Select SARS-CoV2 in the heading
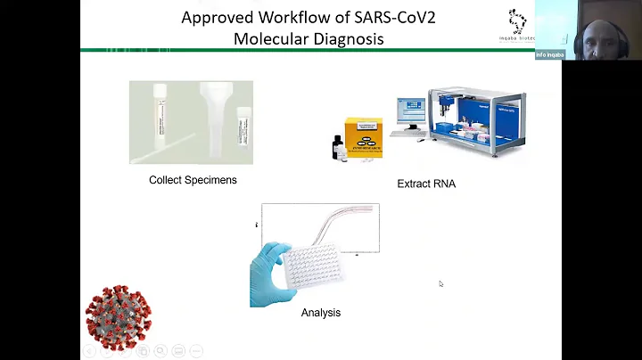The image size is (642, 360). coord(378,17)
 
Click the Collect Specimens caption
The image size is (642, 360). coord(193,180)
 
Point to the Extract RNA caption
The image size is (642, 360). coord(426,184)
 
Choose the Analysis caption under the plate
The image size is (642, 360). coord(320,313)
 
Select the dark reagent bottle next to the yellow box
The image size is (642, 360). coord(338,147)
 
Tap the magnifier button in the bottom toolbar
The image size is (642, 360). coord(160,351)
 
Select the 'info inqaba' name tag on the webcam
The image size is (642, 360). coord(550,54)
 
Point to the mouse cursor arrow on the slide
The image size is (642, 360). coord(440,284)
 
